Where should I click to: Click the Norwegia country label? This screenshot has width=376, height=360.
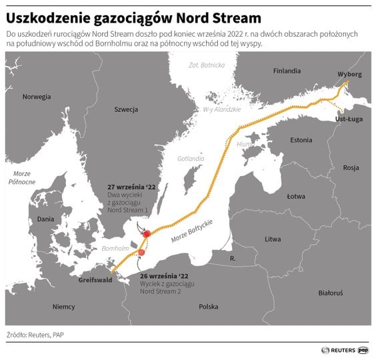coord(37,97)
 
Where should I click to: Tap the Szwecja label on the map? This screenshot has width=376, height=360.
coord(125,109)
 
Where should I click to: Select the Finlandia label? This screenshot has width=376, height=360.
coord(287,71)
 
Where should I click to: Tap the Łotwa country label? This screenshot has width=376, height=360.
coord(295,197)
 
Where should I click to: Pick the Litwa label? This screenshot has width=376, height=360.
coord(273,239)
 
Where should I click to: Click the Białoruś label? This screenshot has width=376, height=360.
coord(330,293)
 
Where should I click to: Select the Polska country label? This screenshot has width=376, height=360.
coord(208,307)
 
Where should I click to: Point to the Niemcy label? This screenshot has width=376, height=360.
coord(63,307)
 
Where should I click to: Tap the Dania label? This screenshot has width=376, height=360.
coord(46,219)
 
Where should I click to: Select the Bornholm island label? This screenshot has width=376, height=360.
coord(114,248)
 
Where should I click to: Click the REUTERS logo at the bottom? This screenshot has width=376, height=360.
coord(339,349)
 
